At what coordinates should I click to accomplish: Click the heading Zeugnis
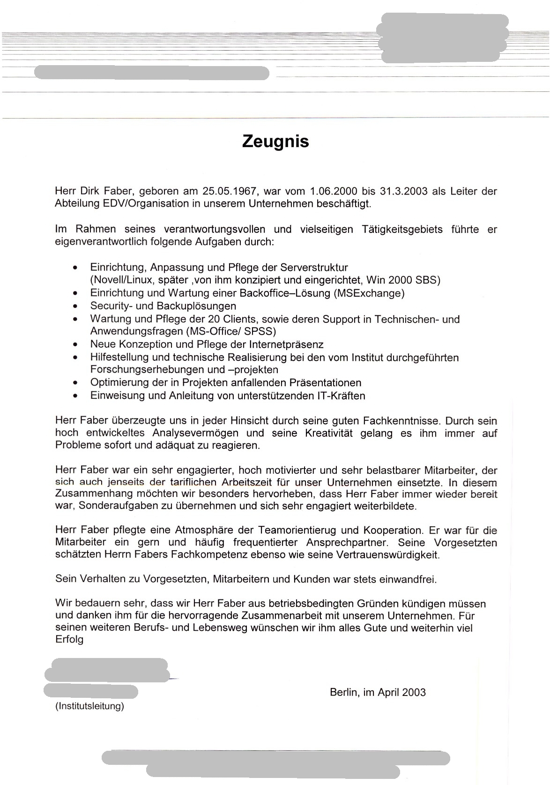[x=275, y=141]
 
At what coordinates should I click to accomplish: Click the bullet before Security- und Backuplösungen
[x=75, y=307]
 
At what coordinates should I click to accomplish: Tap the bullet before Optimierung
[x=75, y=383]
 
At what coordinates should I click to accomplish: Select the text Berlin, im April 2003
[x=378, y=693]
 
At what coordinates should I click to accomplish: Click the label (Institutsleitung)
[x=89, y=706]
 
